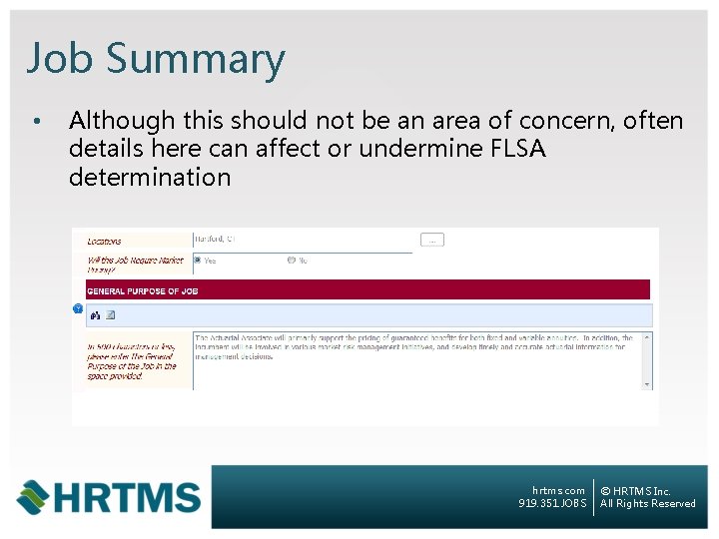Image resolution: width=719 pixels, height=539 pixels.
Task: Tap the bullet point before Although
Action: click(x=35, y=123)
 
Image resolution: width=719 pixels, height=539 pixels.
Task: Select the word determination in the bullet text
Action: click(x=150, y=178)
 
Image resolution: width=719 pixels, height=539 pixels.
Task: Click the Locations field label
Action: click(x=104, y=241)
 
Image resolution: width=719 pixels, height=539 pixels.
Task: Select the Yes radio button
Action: click(x=198, y=261)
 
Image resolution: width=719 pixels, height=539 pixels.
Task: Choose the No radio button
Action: click(x=292, y=261)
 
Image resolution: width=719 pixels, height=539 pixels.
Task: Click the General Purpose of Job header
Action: click(x=143, y=290)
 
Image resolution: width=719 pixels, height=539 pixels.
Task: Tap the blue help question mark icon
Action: click(x=78, y=308)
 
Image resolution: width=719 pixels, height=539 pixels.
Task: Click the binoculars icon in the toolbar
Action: click(x=96, y=315)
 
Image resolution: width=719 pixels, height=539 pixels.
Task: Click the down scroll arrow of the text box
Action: click(x=647, y=384)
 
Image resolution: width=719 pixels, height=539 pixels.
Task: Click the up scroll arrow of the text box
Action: click(x=647, y=337)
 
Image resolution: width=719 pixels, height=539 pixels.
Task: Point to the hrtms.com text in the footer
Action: click(x=559, y=491)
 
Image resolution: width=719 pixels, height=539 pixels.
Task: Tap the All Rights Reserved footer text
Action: click(x=648, y=504)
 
